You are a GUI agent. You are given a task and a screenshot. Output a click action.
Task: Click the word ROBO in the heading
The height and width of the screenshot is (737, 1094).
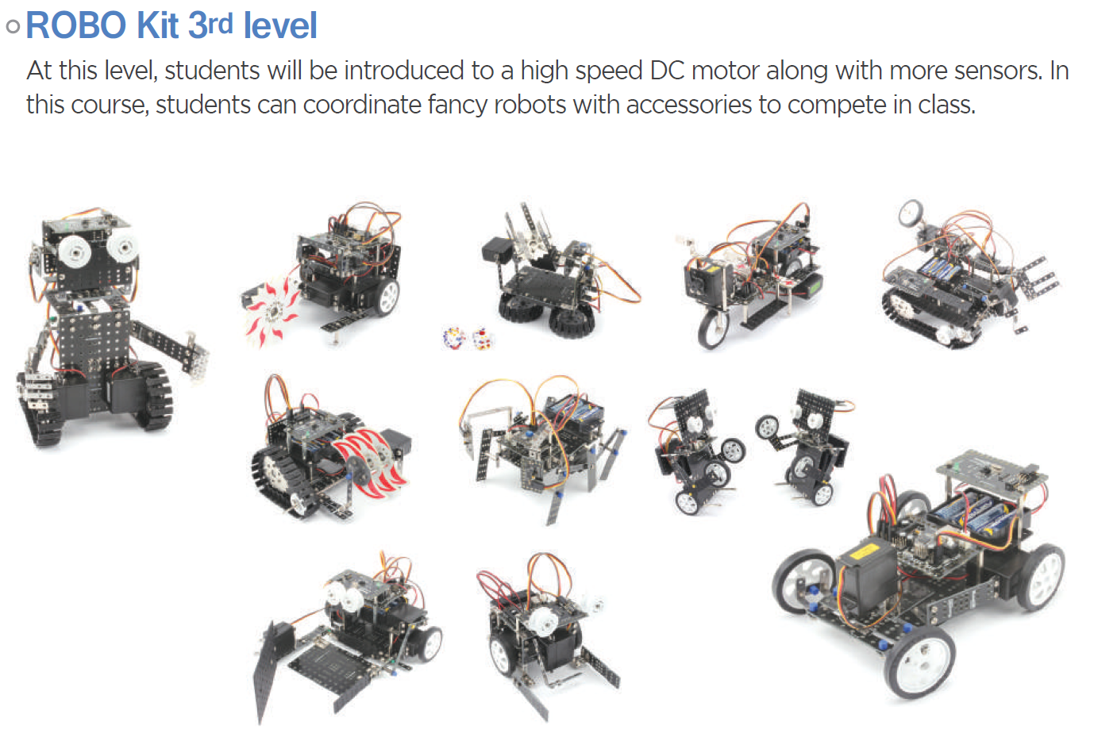click(x=76, y=25)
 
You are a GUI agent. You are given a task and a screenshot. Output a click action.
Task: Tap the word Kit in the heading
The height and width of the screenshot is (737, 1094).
click(x=157, y=25)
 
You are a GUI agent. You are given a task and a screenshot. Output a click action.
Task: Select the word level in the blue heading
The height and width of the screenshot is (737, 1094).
click(x=280, y=25)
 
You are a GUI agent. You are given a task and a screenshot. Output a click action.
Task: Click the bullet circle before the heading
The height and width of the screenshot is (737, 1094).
click(x=13, y=26)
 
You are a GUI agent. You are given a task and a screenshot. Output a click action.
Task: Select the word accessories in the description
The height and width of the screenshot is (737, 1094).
click(x=688, y=105)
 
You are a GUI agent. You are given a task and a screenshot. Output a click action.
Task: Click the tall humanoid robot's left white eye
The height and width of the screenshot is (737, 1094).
click(x=75, y=252)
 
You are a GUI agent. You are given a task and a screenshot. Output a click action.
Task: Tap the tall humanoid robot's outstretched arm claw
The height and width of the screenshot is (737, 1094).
click(x=198, y=355)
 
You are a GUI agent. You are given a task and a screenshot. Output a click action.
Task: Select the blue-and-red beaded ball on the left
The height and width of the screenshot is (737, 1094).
click(x=454, y=338)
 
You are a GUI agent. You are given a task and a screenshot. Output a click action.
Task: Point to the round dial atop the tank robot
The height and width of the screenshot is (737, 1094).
click(x=911, y=213)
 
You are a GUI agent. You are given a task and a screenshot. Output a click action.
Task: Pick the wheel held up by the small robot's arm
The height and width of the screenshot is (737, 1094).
click(x=768, y=428)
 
